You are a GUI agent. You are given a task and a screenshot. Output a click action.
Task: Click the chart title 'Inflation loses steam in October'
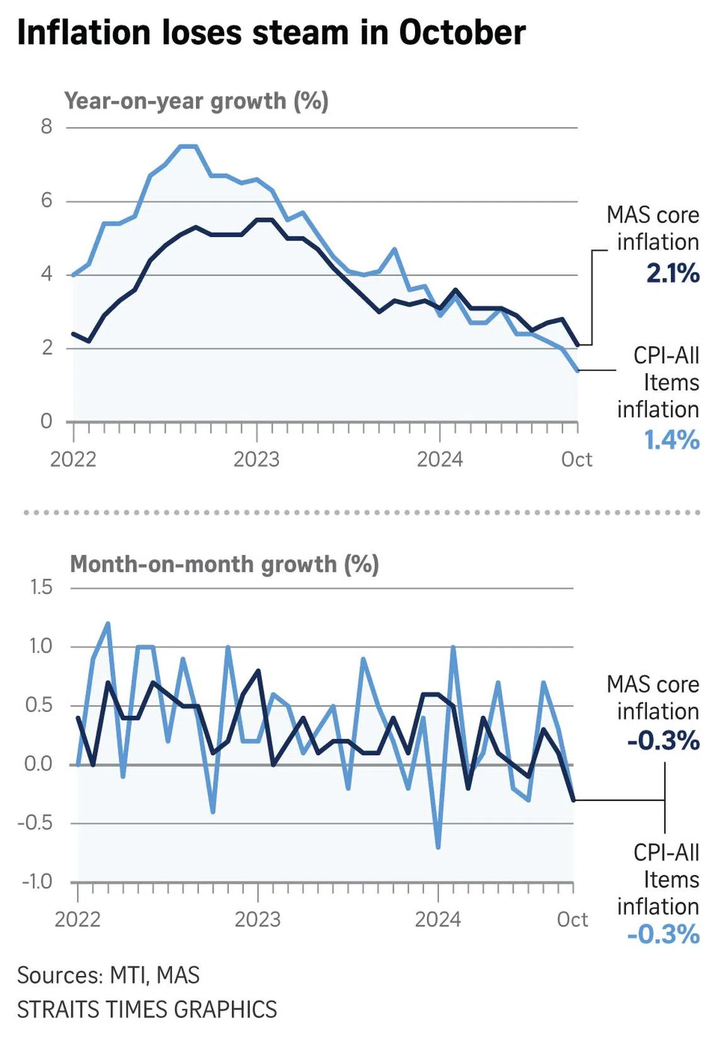pyautogui.click(x=271, y=33)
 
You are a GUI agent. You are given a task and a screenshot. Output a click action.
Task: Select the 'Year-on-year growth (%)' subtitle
pyautogui.click(x=196, y=101)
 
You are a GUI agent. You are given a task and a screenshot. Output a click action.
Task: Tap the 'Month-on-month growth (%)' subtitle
pyautogui.click(x=224, y=564)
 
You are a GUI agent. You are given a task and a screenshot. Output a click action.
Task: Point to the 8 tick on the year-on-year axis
pyautogui.click(x=47, y=127)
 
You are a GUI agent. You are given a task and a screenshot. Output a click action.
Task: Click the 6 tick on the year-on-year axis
pyautogui.click(x=47, y=200)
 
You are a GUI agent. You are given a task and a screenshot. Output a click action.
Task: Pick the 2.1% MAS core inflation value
pyautogui.click(x=673, y=273)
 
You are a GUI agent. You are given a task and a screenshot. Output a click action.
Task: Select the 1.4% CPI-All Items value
pyautogui.click(x=671, y=440)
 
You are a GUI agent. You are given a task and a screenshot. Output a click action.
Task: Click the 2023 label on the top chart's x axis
pyautogui.click(x=256, y=459)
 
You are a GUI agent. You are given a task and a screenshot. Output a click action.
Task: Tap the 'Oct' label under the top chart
pyautogui.click(x=576, y=459)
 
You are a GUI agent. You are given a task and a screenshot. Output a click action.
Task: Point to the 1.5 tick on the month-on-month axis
pyautogui.click(x=42, y=587)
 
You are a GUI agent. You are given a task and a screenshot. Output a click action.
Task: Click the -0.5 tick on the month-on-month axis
pyautogui.click(x=36, y=822)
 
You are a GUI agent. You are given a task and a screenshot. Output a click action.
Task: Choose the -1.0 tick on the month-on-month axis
pyautogui.click(x=37, y=881)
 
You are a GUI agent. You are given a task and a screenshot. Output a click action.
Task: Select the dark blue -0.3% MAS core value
pyautogui.click(x=663, y=740)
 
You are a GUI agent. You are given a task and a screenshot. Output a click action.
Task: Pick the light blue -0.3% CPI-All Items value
pyautogui.click(x=663, y=934)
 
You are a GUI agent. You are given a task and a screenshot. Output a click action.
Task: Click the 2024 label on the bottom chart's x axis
pyautogui.click(x=438, y=920)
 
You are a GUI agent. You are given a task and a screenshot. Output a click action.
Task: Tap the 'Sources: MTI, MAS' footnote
pyautogui.click(x=108, y=975)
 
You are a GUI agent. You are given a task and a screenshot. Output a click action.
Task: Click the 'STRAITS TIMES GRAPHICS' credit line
pyautogui.click(x=147, y=1009)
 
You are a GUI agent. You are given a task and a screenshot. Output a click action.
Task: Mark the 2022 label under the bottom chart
pyautogui.click(x=77, y=920)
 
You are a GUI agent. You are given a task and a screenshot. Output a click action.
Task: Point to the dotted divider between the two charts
pyautogui.click(x=362, y=512)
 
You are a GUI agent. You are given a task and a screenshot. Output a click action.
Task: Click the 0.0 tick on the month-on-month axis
pyautogui.click(x=38, y=764)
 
